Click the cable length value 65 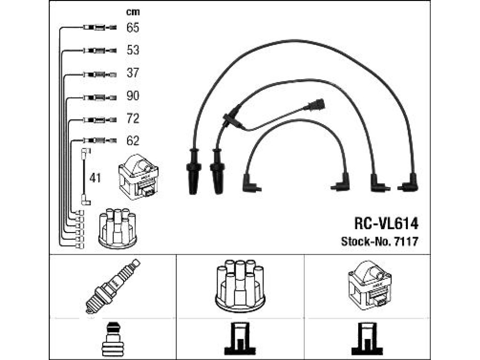pyautogui.click(x=133, y=28)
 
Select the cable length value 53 pyautogui.click(x=133, y=50)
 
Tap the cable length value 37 pyautogui.click(x=133, y=73)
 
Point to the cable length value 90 pyautogui.click(x=133, y=96)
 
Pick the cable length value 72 pyautogui.click(x=133, y=119)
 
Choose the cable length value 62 pyautogui.click(x=133, y=141)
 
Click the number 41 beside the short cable pyautogui.click(x=95, y=178)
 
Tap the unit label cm pyautogui.click(x=133, y=12)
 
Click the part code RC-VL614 pyautogui.click(x=386, y=224)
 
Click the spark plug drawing pyautogui.click(x=112, y=286)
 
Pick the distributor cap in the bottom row pyautogui.click(x=240, y=286)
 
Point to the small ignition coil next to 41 pyautogui.click(x=138, y=177)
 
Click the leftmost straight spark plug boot pyautogui.click(x=194, y=172)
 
